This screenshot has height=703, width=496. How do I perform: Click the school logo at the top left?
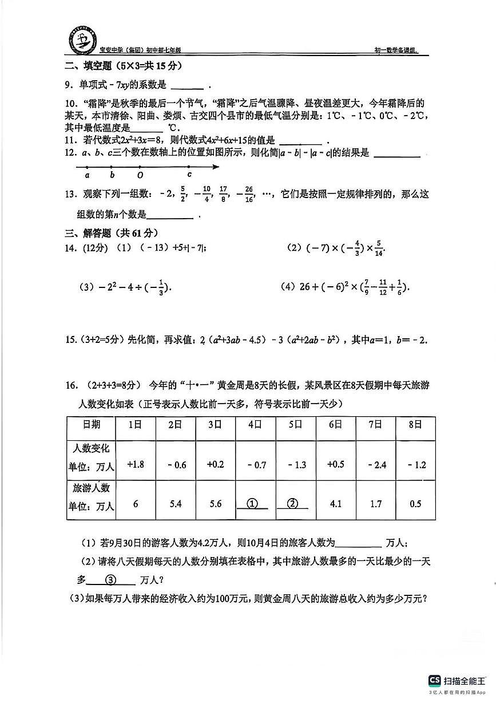[x=83, y=41]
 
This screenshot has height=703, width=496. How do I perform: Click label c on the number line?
[x=189, y=175]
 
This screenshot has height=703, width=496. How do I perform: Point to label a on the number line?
[x=87, y=175]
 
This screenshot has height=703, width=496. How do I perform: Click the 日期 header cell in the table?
[x=91, y=425]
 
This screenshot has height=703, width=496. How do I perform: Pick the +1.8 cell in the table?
[x=136, y=464]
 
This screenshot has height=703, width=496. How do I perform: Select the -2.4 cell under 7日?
[x=375, y=465]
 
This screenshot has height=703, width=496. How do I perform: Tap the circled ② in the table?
[x=293, y=504]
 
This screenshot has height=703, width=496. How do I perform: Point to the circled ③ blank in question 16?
[x=112, y=579]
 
